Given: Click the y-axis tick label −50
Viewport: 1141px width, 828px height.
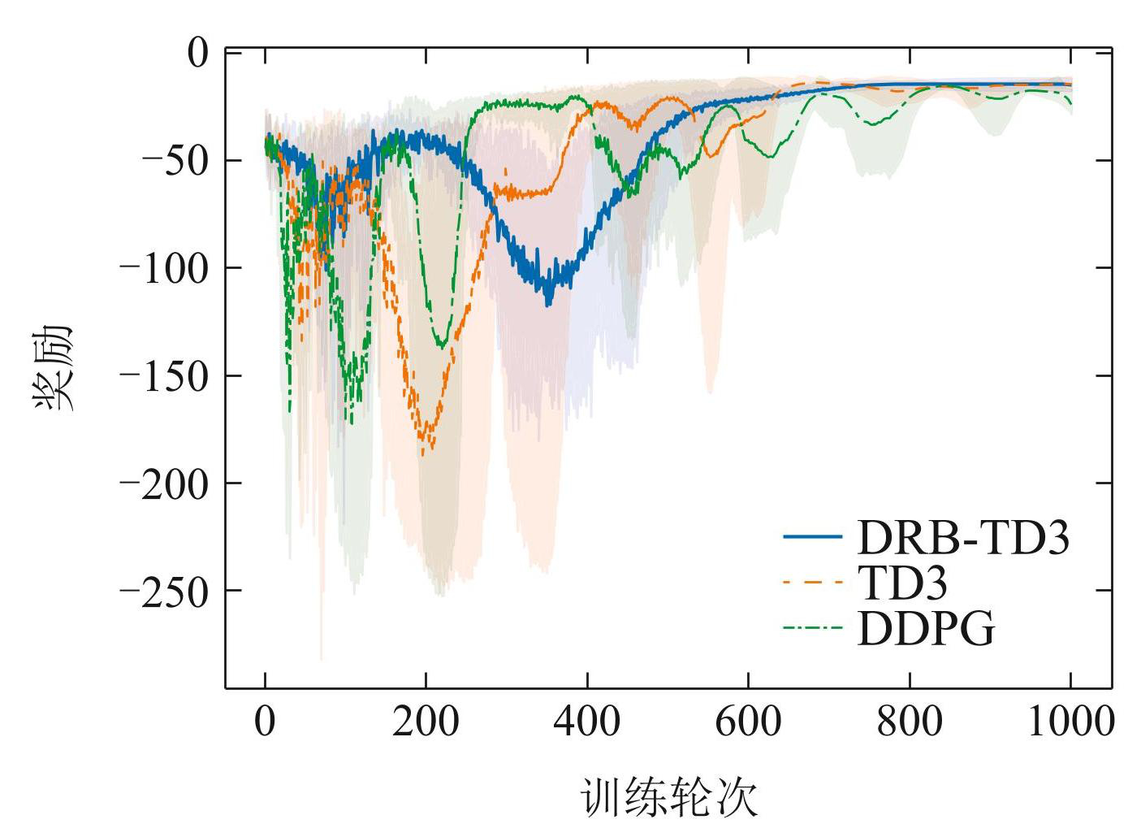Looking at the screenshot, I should pyautogui.click(x=175, y=160).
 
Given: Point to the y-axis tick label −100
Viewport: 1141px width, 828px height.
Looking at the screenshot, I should pyautogui.click(x=165, y=267).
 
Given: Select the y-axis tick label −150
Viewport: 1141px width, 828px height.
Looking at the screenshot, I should pyautogui.click(x=165, y=375).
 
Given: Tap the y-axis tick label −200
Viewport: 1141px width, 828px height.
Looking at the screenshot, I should pyautogui.click(x=165, y=483).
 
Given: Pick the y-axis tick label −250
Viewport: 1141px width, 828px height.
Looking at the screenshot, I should pyautogui.click(x=165, y=591).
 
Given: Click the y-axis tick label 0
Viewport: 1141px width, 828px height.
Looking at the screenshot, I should pyautogui.click(x=198, y=53).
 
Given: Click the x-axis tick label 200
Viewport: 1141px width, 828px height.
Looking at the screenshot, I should pyautogui.click(x=426, y=722).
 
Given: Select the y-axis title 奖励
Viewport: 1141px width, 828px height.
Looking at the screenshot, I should pyautogui.click(x=54, y=367).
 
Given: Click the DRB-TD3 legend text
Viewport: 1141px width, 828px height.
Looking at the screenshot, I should pyautogui.click(x=963, y=537).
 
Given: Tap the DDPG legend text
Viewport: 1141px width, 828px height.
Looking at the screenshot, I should pyautogui.click(x=926, y=628).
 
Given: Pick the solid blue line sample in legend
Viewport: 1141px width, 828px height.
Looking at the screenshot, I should pyautogui.click(x=812, y=537).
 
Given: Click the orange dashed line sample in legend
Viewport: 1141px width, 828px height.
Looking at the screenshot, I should pyautogui.click(x=812, y=583).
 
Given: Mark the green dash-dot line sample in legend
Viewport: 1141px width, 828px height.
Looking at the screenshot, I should pyautogui.click(x=812, y=628).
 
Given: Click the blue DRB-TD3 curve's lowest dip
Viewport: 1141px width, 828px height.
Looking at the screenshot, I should pyautogui.click(x=549, y=304).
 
